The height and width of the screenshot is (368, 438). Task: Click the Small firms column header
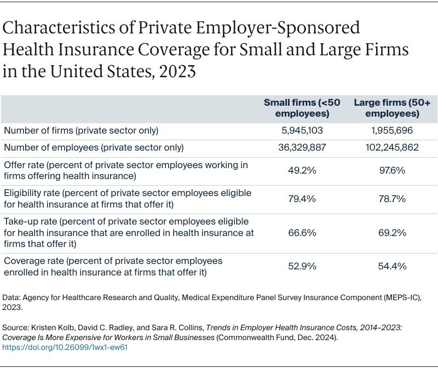pyautogui.click(x=302, y=108)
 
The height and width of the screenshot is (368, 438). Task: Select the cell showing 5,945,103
pyautogui.click(x=302, y=131)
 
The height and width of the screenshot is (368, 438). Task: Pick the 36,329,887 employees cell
pyautogui.click(x=302, y=147)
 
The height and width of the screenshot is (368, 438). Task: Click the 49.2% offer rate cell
pyautogui.click(x=302, y=170)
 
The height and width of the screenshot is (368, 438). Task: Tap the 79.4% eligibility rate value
pyautogui.click(x=302, y=199)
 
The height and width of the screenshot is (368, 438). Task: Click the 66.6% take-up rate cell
pyautogui.click(x=302, y=233)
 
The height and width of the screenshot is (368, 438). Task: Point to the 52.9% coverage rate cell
pyautogui.click(x=302, y=267)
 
